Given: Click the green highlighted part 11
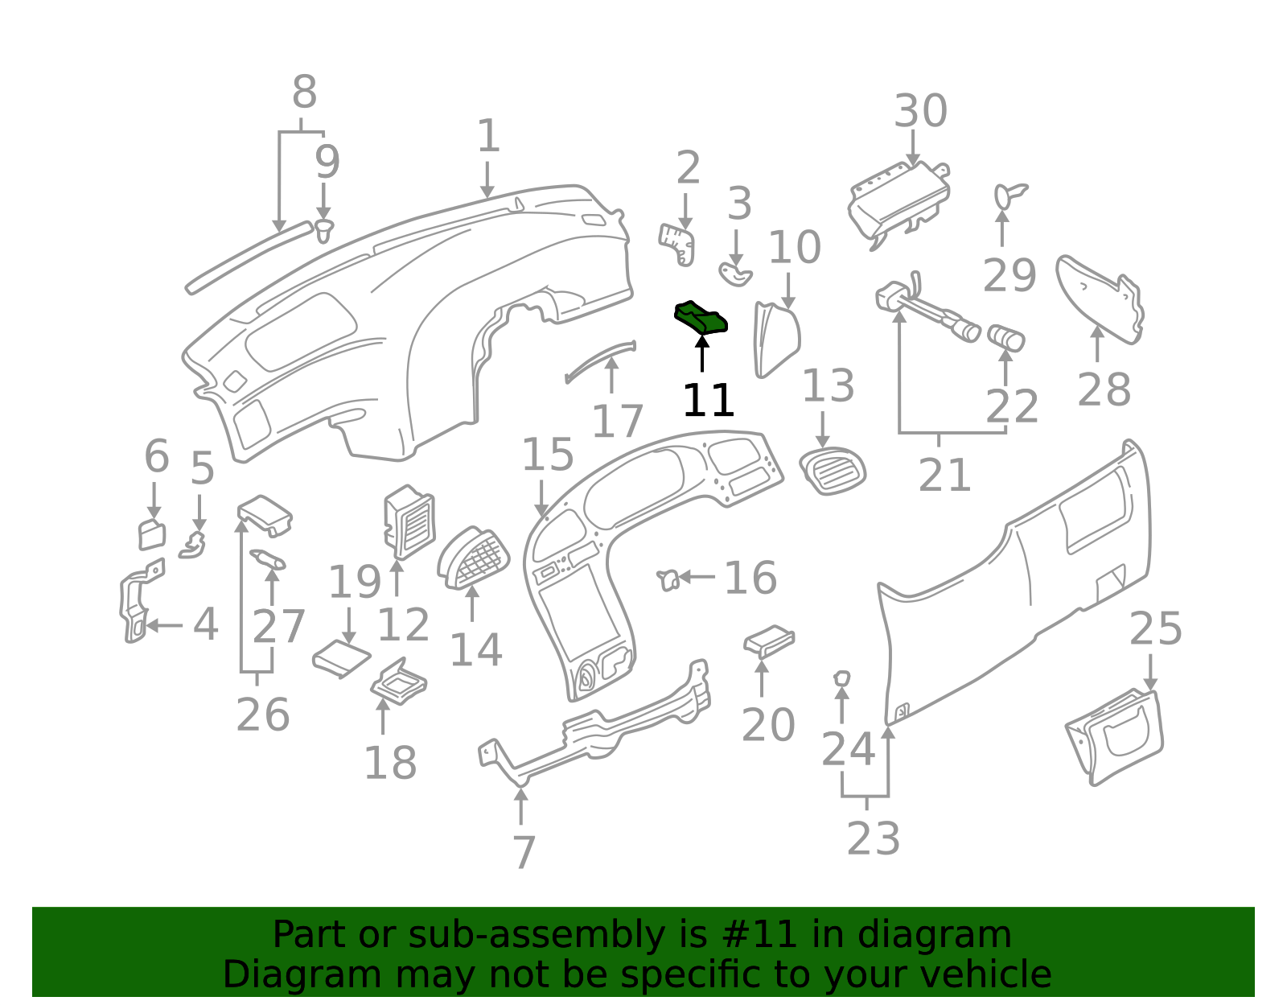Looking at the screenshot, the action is (700, 317).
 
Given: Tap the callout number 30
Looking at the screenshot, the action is (919, 111).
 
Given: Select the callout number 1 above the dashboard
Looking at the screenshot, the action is (488, 135).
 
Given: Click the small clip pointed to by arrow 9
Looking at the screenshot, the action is (323, 230).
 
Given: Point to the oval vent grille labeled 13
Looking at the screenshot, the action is (833, 471).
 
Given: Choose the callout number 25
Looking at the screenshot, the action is (1155, 628).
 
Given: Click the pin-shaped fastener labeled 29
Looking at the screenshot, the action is (1009, 195).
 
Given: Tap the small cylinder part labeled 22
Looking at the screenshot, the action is (1005, 337).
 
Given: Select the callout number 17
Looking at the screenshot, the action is (617, 421).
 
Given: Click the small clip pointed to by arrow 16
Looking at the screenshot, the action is (668, 580).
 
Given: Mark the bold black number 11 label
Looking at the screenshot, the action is (709, 400).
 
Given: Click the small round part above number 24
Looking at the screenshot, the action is (841, 678).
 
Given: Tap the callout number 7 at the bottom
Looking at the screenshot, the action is (524, 852).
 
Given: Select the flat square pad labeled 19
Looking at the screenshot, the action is (341, 658).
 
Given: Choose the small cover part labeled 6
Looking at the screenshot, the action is (151, 534).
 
